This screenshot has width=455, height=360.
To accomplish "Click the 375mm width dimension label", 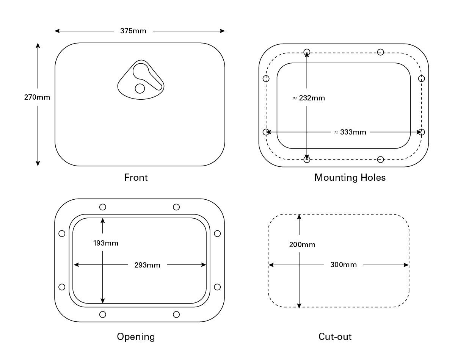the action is [133, 31].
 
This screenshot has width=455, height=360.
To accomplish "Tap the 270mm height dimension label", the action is [37, 97].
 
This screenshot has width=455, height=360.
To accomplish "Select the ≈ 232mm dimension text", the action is [309, 98].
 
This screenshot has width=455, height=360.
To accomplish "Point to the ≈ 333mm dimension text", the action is [350, 132].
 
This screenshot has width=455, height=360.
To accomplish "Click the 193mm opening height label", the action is [106, 243].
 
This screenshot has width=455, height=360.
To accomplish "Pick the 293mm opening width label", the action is [147, 265].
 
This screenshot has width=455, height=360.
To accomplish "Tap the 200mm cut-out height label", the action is [302, 244].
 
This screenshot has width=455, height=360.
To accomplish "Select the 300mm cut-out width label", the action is [344, 265].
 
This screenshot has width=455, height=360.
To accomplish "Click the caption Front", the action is [136, 177].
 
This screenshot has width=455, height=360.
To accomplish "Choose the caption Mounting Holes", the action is [350, 178].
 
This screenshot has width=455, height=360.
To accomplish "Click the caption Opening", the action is [136, 337].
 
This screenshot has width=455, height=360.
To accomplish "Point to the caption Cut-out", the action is [335, 337].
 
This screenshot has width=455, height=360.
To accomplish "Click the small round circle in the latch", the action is [140, 88].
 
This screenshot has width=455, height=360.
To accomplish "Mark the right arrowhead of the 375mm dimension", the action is [222, 31].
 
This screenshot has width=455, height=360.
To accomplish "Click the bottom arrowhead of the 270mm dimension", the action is [38, 163].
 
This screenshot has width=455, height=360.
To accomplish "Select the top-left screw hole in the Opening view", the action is [102, 207].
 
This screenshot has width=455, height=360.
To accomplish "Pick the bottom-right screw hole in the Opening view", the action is [176, 315].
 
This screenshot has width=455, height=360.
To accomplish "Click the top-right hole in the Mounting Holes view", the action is [380, 52].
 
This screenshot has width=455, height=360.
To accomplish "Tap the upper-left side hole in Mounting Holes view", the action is [266, 79].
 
